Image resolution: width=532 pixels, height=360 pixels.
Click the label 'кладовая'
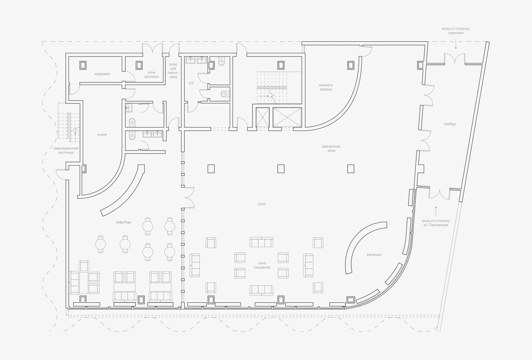pos(102,74)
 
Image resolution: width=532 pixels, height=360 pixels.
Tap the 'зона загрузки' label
pos(151,75)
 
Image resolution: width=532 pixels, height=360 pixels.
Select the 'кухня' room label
pos(102,135)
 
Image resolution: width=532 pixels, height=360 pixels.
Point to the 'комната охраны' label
pos(326,87)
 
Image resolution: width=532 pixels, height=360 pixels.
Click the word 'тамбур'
pos(450,124)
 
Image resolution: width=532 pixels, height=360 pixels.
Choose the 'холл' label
pos(262,204)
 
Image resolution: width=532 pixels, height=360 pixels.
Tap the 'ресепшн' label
pos(374,255)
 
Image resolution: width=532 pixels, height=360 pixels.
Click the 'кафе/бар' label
pos(123,222)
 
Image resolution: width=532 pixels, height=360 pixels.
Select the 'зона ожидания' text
pos(262,265)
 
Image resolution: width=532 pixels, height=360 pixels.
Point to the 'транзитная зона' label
pos(331,149)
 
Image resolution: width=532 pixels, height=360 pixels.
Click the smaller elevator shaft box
pos(263,117)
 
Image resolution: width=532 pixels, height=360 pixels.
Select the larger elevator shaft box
pos(287,117)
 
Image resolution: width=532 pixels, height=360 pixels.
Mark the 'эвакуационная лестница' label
pos(66,150)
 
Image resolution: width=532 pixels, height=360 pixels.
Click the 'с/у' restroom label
pos(191,83)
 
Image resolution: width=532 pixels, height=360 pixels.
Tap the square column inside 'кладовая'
pos(83,65)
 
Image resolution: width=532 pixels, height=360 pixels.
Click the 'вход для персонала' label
pos(173,71)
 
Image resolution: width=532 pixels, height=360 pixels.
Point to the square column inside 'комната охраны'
pos(351,65)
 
